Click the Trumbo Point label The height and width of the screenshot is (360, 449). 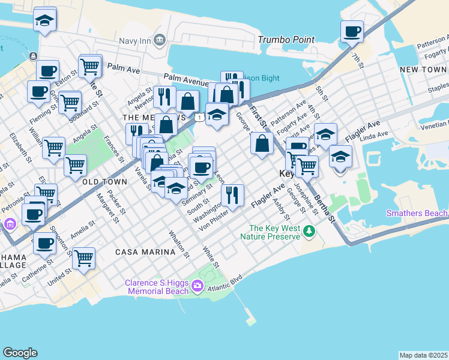click(x=286, y=40)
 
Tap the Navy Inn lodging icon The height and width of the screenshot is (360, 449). click(x=160, y=40)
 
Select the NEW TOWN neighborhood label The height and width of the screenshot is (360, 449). click(x=423, y=70)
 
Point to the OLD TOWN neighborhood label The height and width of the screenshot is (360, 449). click(x=104, y=181)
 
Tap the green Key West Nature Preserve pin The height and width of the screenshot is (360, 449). click(x=309, y=231)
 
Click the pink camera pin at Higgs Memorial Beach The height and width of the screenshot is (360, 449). click(x=197, y=287)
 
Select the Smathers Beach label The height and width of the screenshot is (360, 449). click(x=417, y=213)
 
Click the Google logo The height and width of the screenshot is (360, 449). click(x=20, y=353)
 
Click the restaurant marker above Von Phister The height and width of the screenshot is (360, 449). click(x=232, y=194)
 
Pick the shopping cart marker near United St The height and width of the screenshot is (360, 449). click(x=83, y=258)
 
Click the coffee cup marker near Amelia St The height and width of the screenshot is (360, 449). click(x=44, y=243)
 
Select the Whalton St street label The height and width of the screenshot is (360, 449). click(x=179, y=244)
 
